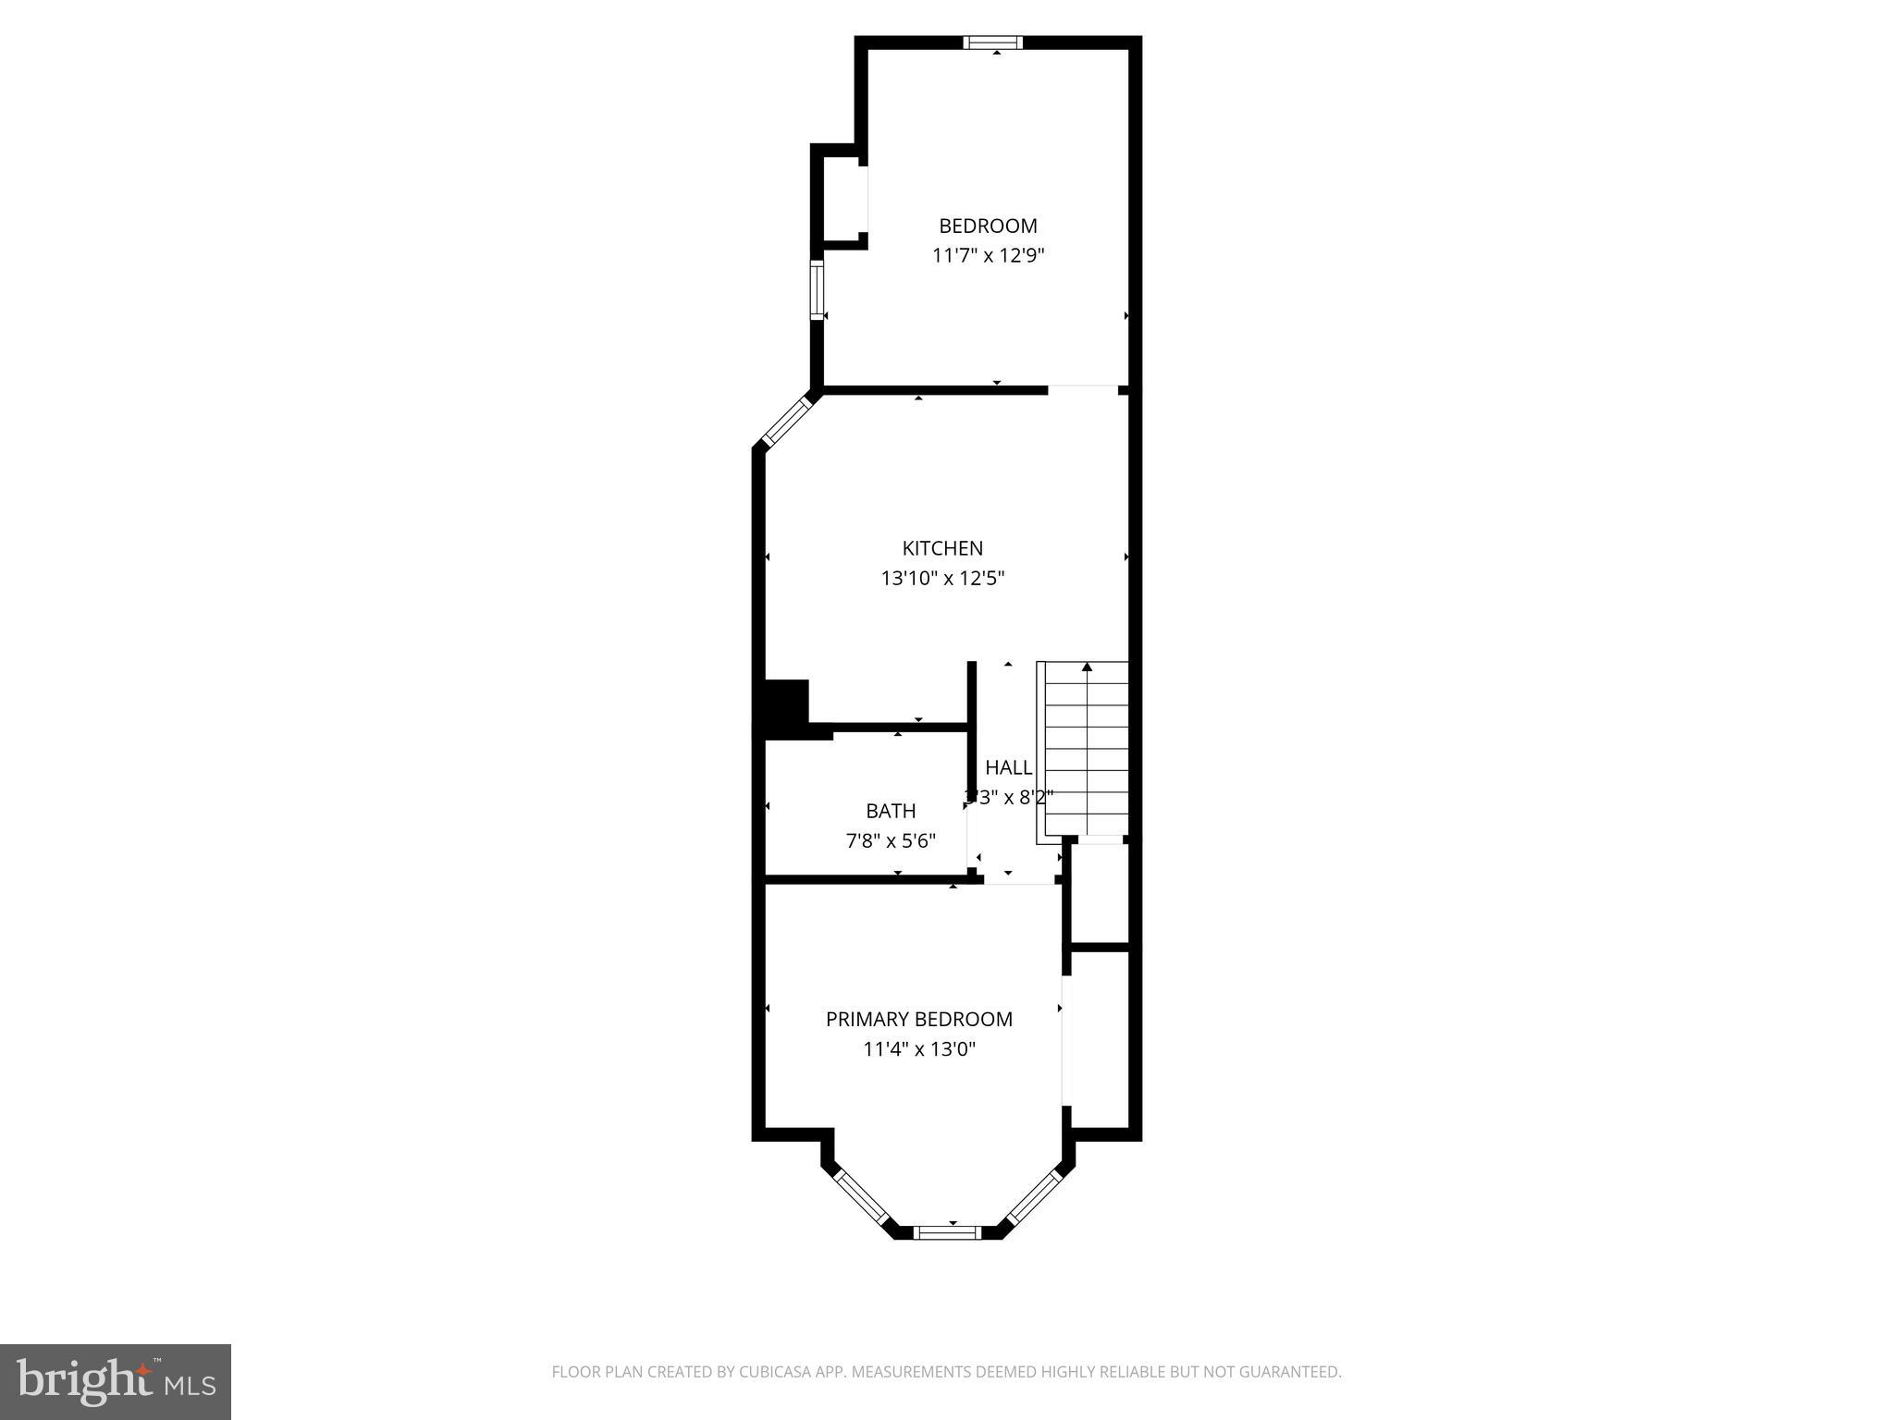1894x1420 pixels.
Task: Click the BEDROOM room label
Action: click(988, 226)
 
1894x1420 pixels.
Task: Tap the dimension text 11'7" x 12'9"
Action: click(988, 256)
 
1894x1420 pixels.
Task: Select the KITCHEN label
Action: click(942, 548)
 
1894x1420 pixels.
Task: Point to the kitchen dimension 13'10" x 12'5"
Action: click(942, 579)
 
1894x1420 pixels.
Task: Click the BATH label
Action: click(891, 811)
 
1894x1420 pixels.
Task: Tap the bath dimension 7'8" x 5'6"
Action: click(891, 841)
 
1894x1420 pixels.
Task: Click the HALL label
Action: click(1008, 767)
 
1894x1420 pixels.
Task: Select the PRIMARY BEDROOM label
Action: click(918, 1019)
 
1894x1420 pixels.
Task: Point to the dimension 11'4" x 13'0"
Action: click(918, 1049)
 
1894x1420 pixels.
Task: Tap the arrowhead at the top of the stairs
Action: click(1087, 667)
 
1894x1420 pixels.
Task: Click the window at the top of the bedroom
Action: click(992, 42)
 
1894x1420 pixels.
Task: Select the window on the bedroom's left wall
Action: click(817, 290)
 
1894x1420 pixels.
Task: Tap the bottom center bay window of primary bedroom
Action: click(947, 1231)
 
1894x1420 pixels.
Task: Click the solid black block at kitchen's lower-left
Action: click(786, 707)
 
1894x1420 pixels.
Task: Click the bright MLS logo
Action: click(115, 1381)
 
